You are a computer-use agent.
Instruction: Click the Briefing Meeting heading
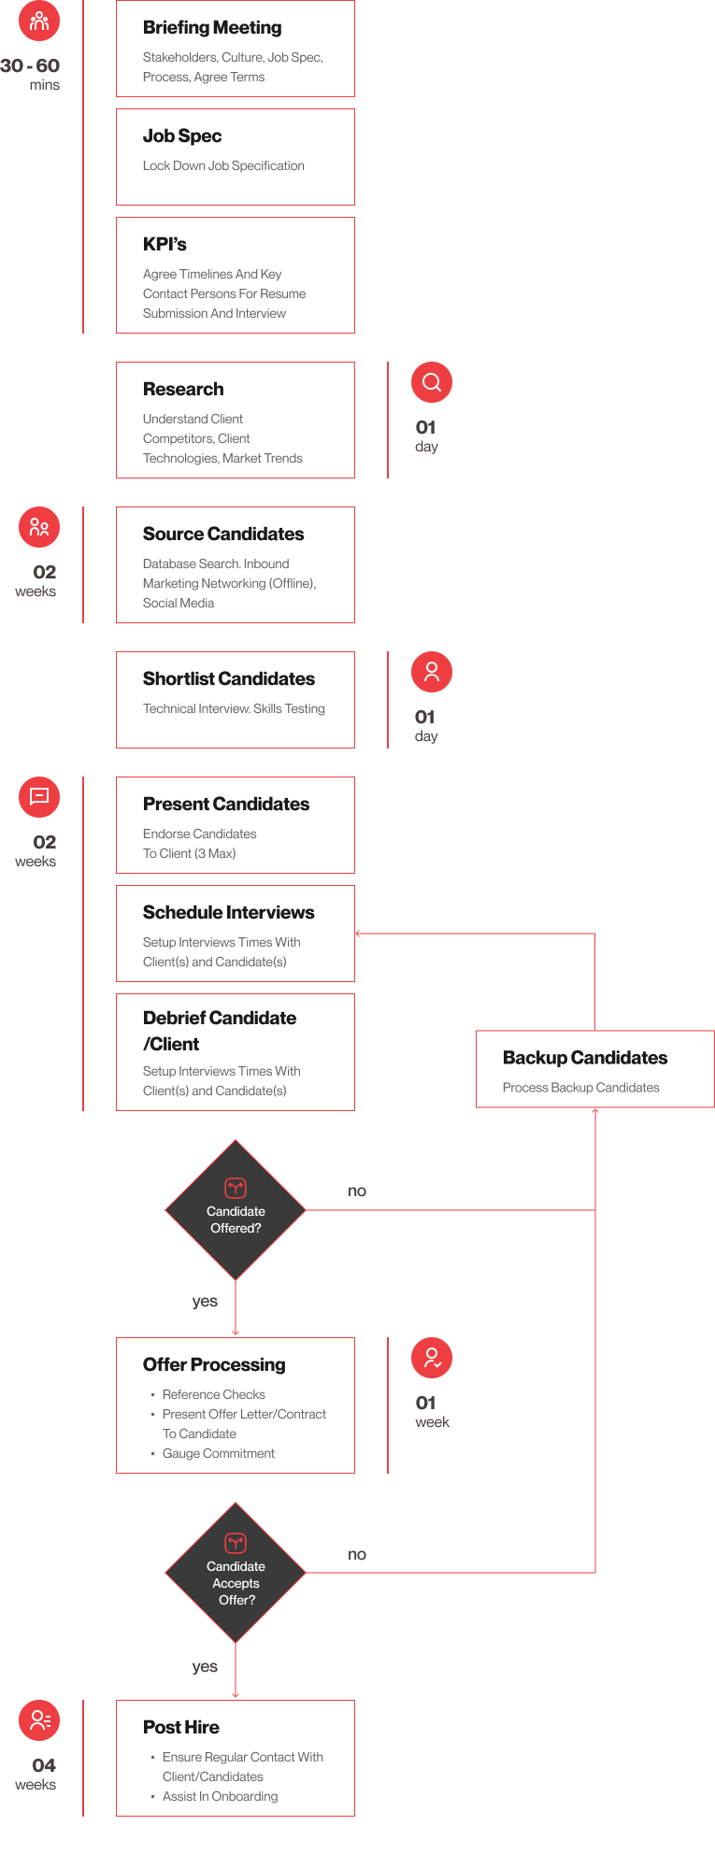(212, 28)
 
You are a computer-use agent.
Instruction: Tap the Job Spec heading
(182, 136)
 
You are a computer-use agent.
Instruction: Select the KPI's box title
(164, 244)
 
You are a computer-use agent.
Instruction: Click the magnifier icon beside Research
(432, 382)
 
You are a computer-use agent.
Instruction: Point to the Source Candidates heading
(223, 534)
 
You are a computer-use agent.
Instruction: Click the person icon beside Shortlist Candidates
(432, 672)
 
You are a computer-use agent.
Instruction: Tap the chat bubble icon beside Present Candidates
(39, 797)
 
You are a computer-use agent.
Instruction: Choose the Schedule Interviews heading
(229, 912)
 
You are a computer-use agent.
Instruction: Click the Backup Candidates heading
(585, 1058)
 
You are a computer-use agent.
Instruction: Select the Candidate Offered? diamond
(236, 1210)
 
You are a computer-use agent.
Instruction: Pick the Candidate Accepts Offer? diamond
(236, 1573)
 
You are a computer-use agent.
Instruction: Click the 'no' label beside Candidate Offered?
(357, 1191)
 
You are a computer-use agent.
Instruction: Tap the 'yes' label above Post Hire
(205, 1667)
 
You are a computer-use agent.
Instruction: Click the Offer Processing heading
(214, 1364)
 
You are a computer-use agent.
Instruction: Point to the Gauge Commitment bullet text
(219, 1453)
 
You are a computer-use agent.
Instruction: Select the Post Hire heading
(181, 1727)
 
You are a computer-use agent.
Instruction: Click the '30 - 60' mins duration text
(30, 65)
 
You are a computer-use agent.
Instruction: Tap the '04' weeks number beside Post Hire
(44, 1765)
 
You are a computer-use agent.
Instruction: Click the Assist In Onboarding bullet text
(221, 1796)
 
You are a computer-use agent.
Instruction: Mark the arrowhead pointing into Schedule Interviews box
(358, 934)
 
